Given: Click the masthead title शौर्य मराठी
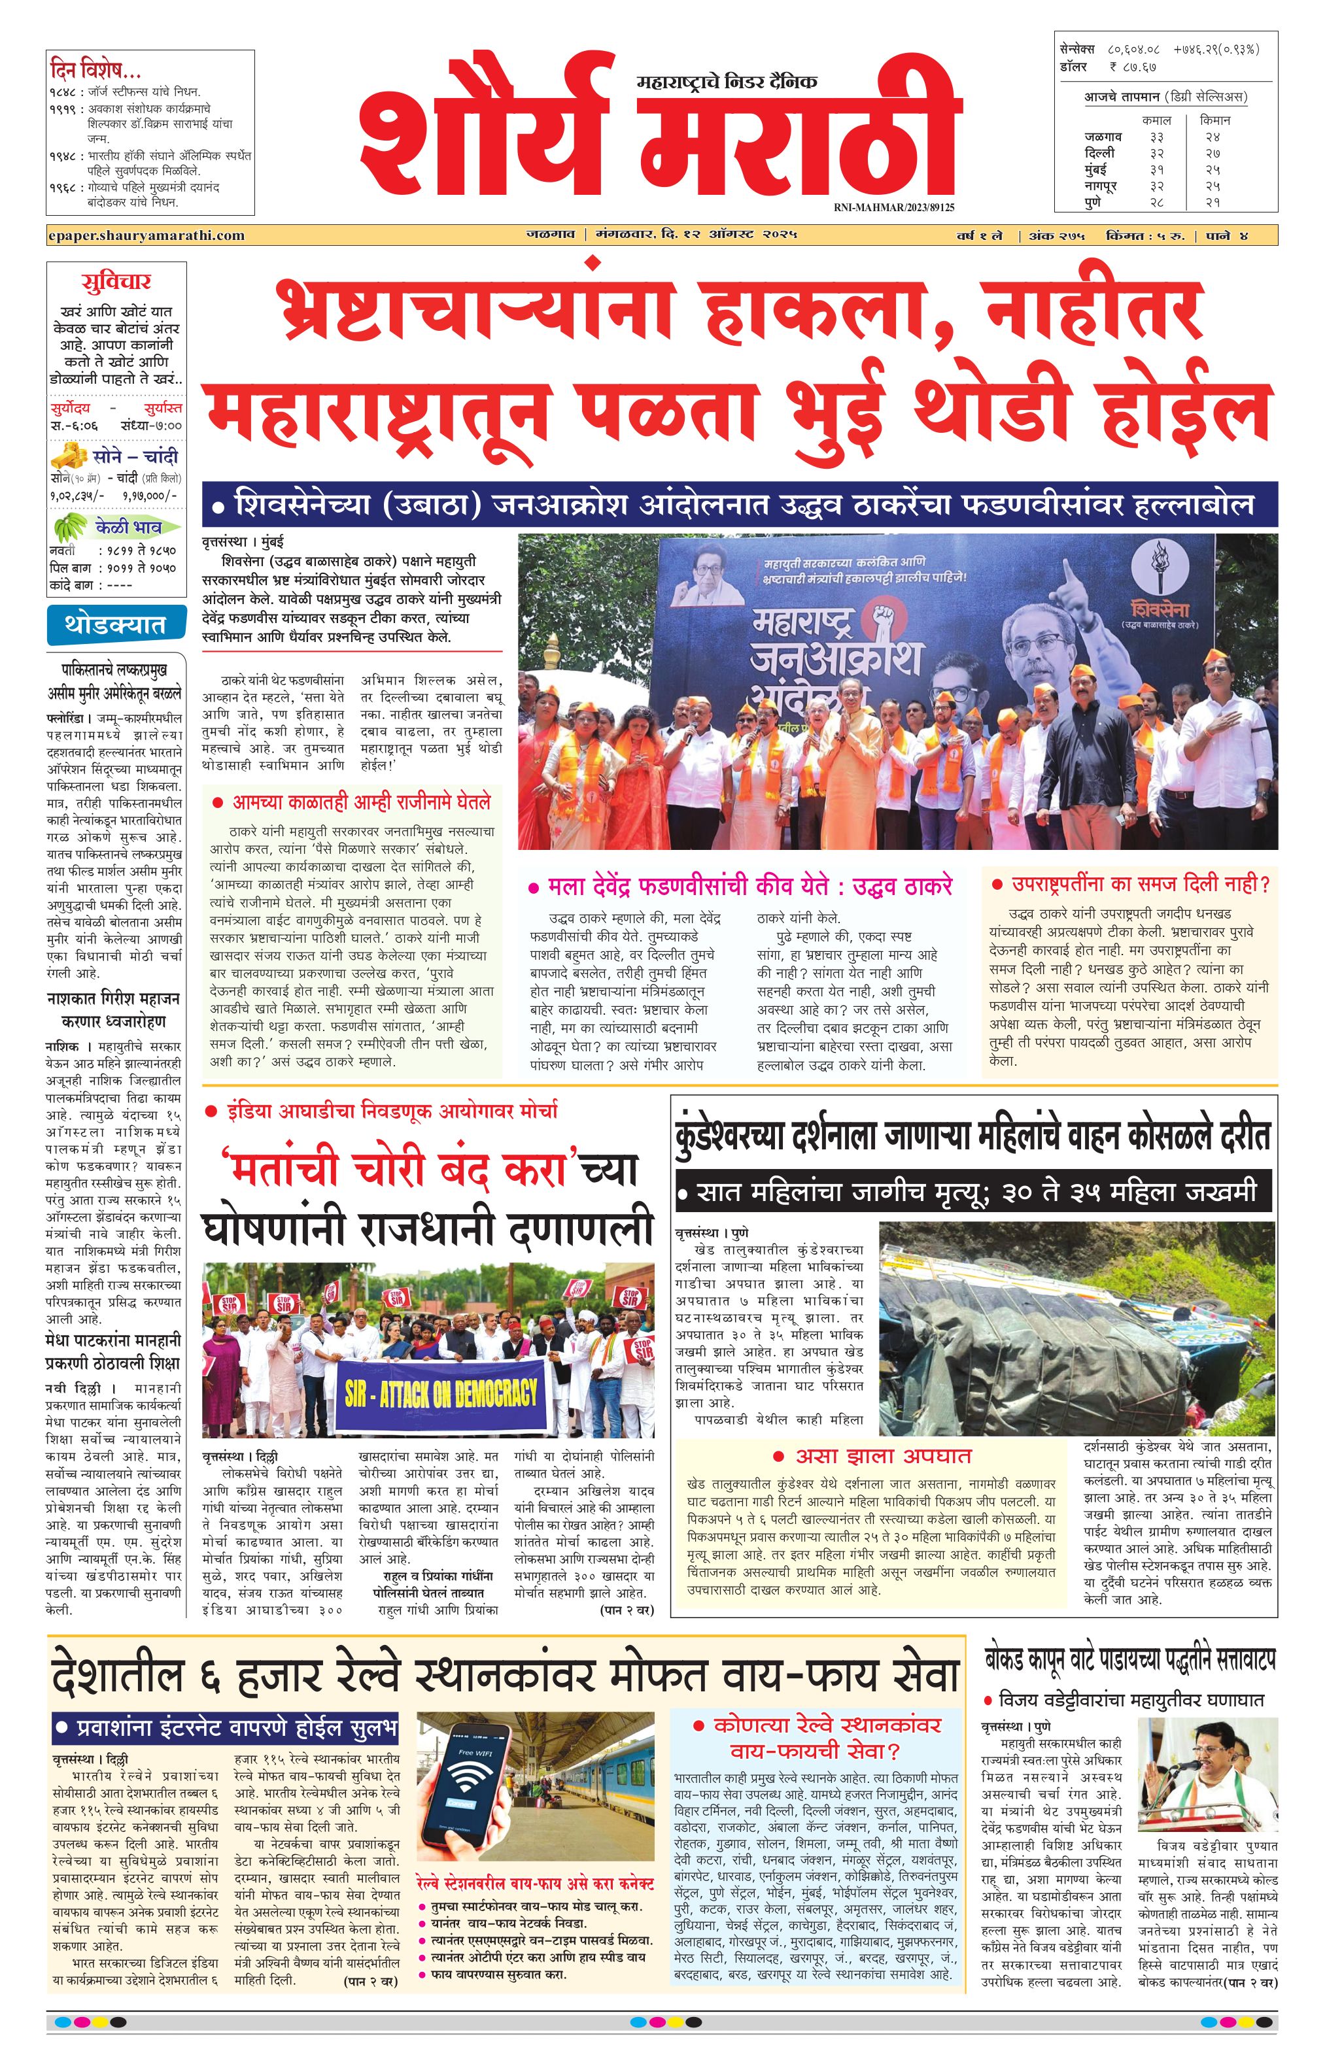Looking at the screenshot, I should coord(658,129).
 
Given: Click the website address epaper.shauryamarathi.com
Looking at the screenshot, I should coord(146,235).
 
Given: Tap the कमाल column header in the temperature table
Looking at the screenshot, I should coord(1156,120).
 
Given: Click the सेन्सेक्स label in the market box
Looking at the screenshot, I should coord(1077,50).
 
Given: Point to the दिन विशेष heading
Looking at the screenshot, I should coord(95,69).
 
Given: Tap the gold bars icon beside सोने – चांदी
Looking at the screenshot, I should coord(69,455).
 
